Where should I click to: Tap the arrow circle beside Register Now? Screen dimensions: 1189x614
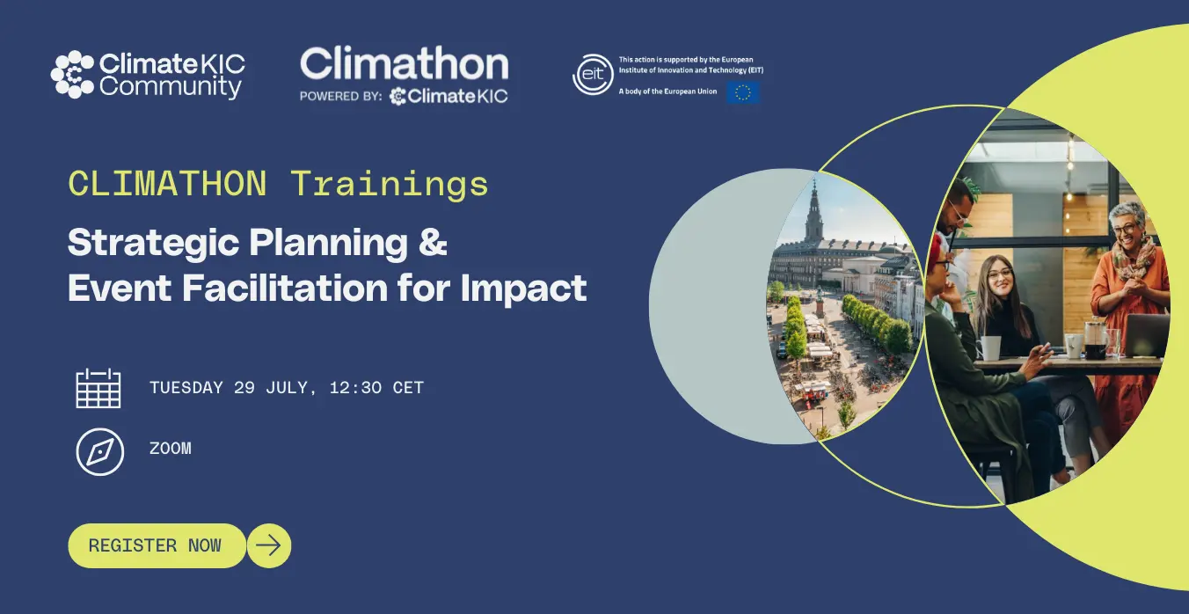269,545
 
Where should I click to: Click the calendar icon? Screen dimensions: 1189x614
98,388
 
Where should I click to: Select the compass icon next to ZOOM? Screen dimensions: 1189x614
99,452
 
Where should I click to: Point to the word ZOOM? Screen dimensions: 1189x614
171,449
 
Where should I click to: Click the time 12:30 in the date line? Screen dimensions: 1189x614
355,388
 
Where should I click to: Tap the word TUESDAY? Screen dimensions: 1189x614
186,388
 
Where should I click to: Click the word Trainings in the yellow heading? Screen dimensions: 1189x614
389,184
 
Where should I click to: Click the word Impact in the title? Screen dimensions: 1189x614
523,288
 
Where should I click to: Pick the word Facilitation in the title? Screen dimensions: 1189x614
285,288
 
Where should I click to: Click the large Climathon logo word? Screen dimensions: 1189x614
405,63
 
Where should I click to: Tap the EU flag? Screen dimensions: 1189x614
743,92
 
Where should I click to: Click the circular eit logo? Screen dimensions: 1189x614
593,75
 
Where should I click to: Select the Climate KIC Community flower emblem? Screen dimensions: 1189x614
73,75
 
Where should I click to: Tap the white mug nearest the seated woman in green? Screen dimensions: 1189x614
988,347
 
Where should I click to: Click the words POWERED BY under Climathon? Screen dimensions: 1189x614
340,96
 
